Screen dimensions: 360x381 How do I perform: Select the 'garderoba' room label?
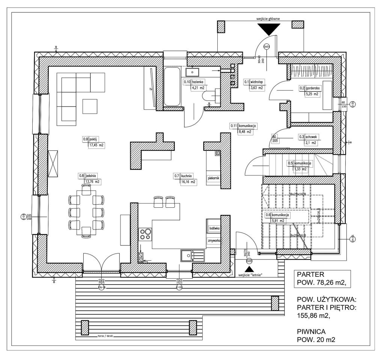tap(313, 88)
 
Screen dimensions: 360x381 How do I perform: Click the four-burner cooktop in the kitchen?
tap(145, 234)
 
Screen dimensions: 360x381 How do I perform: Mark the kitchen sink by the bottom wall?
tap(192, 256)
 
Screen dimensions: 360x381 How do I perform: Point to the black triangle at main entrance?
tap(269, 29)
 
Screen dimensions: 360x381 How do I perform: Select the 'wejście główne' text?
tap(268, 18)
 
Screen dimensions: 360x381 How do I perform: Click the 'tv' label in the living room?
tap(150, 89)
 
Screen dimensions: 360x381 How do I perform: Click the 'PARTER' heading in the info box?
tap(309, 273)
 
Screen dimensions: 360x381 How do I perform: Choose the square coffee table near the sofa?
tap(90, 106)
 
